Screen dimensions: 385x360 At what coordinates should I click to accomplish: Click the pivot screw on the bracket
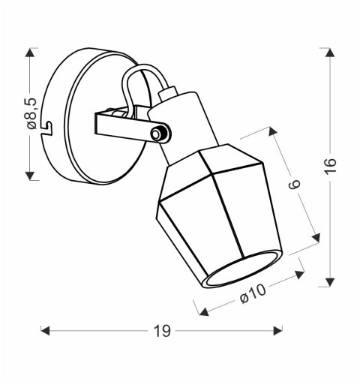point(157,134)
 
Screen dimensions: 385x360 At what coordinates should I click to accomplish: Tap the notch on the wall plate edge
point(47,127)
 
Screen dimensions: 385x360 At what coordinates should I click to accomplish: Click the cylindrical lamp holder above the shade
point(184,121)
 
